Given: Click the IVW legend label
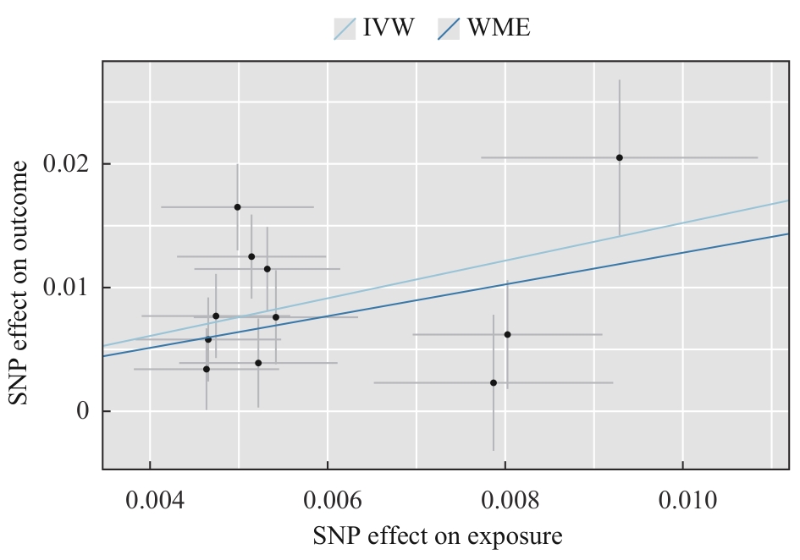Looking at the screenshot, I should [389, 28].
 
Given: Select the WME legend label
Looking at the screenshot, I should [499, 28].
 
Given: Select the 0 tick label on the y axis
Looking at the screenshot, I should [83, 412].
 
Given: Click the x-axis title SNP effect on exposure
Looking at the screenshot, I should [438, 536].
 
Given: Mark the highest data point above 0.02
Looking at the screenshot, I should [620, 157].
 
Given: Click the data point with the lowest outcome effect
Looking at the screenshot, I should [494, 382].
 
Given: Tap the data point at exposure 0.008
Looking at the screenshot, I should [507, 334].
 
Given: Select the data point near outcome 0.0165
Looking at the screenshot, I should [238, 206].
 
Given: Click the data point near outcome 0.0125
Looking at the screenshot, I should [251, 255].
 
